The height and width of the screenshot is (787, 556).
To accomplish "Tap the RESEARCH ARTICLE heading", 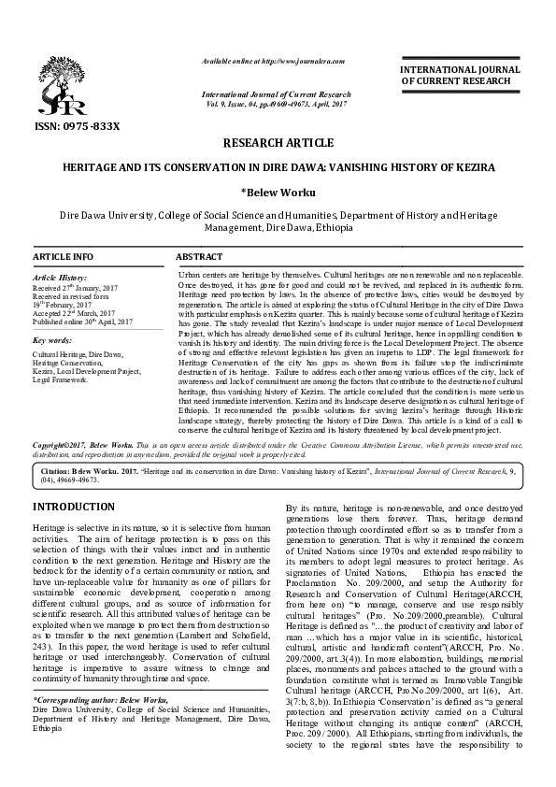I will coord(278,142).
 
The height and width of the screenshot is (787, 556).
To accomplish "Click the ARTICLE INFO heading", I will coord(63,256).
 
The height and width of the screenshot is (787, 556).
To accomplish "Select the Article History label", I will coord(60,279).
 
